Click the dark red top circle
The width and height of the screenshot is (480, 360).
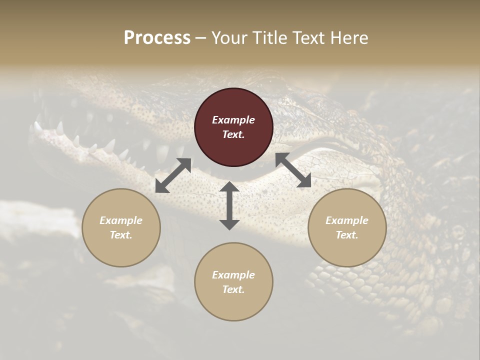233,127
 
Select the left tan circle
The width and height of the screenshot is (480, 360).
121,227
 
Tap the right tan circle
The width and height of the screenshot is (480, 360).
347,227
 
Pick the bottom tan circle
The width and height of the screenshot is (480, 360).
233,282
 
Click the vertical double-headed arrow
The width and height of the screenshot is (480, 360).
229,205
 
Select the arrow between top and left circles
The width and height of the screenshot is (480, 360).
173,175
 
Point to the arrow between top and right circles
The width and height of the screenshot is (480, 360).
293,170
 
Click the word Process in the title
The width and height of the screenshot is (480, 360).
157,37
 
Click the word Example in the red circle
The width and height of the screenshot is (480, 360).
233,120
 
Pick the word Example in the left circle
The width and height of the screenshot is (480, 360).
121,220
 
